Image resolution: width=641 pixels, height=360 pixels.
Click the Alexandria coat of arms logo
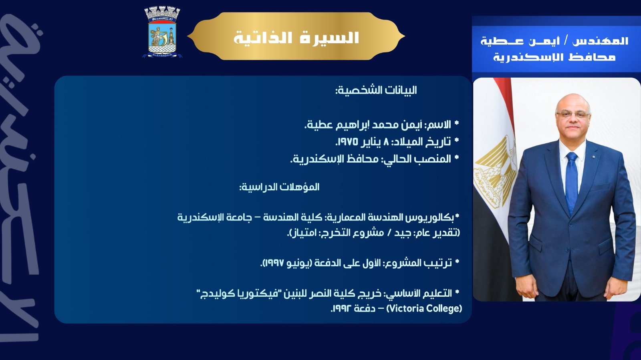[162, 33]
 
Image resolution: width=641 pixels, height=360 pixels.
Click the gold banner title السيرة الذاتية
[296, 38]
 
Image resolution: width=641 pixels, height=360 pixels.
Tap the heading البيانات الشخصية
[376, 90]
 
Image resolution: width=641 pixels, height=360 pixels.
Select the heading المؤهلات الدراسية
[279, 187]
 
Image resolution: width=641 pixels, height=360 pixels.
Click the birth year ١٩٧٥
[347, 142]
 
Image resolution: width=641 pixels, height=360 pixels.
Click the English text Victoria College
[425, 308]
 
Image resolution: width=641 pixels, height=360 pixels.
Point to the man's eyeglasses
[573, 115]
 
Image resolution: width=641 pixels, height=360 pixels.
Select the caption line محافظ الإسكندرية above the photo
[554, 57]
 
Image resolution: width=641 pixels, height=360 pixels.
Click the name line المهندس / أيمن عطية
[554, 41]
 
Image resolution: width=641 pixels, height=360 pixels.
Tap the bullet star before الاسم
[456, 124]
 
